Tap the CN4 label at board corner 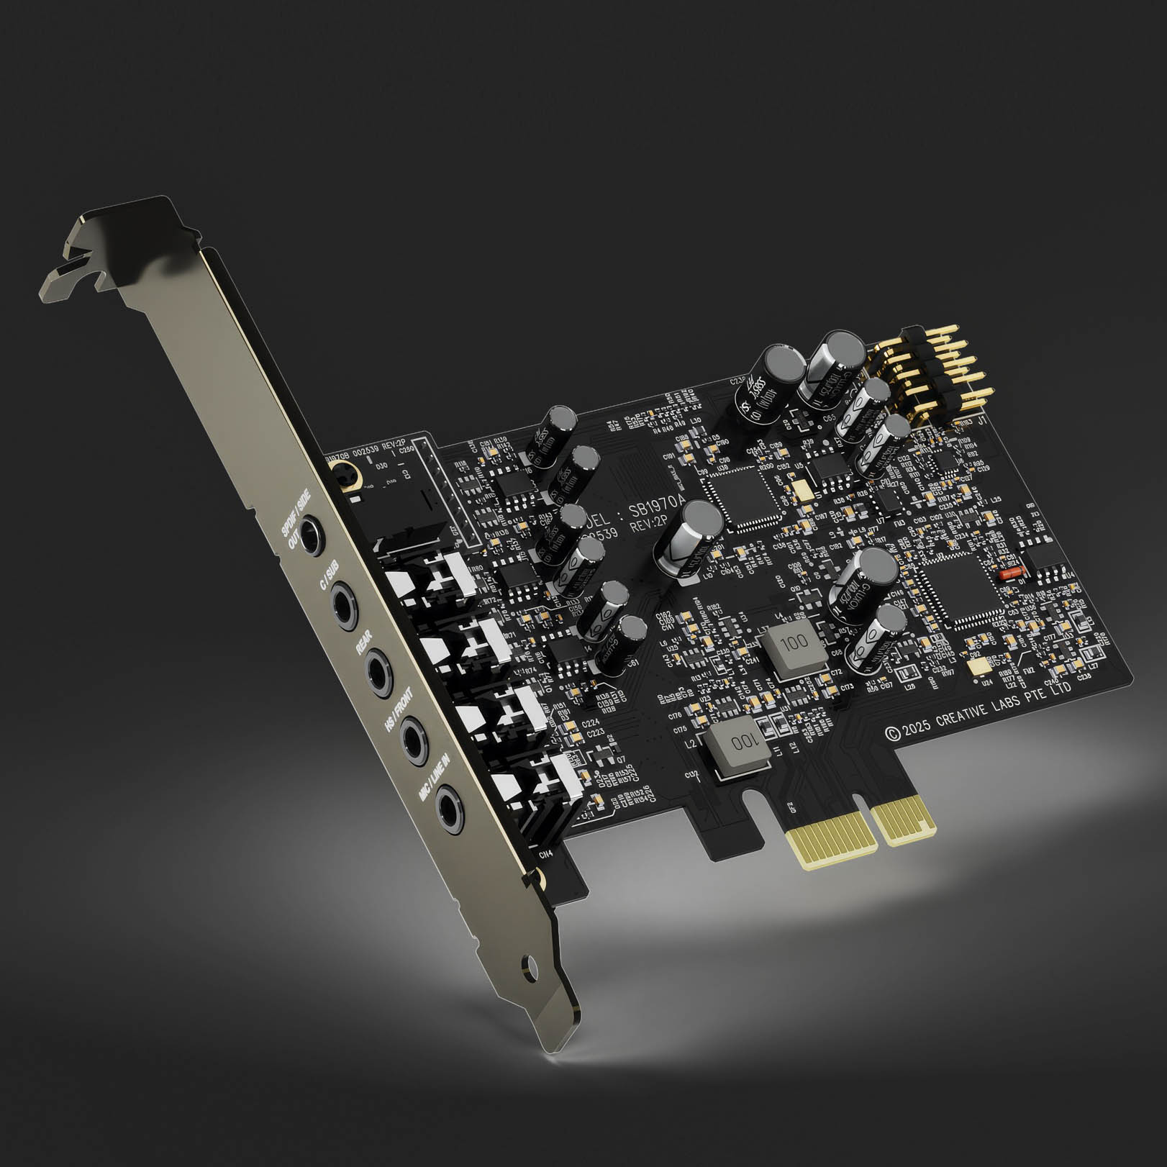[x=545, y=855]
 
